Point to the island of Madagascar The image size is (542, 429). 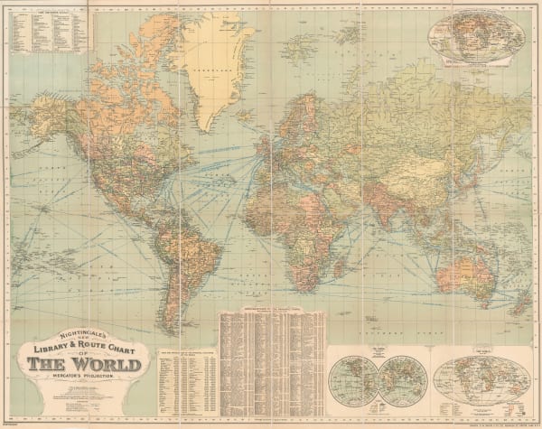tap(341, 260)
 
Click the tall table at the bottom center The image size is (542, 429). tap(271, 360)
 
